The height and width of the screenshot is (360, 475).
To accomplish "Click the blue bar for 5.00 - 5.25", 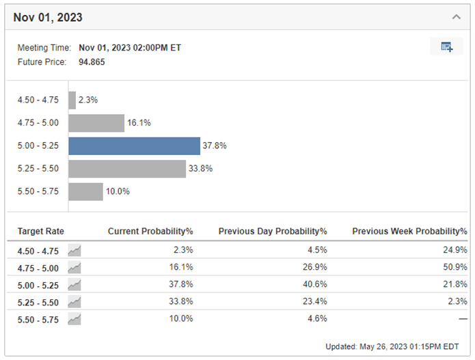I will click(134, 146).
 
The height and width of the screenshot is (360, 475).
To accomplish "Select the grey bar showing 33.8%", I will click(127, 169).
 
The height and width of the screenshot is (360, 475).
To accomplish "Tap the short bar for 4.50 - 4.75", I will click(72, 100).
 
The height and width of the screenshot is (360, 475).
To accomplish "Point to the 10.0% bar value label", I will click(118, 191).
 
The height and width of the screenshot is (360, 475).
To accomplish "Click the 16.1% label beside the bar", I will click(139, 123).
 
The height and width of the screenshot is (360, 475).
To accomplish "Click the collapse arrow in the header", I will click(457, 16).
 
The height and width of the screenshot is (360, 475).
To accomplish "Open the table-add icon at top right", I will click(447, 47).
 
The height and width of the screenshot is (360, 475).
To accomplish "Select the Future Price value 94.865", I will click(92, 62).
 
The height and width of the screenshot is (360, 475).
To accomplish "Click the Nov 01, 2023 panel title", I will click(48, 17).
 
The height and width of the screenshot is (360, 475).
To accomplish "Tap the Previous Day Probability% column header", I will click(273, 232).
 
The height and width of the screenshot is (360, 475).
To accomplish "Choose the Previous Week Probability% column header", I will click(409, 232).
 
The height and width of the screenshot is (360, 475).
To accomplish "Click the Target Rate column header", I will click(40, 232).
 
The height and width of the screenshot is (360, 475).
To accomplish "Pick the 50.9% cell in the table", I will click(456, 268).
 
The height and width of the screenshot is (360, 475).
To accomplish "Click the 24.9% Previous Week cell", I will click(456, 251).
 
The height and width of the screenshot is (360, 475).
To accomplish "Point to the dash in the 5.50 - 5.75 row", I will click(463, 319).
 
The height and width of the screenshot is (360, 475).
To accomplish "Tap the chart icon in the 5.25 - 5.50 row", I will click(74, 302).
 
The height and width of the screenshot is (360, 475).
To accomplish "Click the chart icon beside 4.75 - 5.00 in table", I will click(74, 268).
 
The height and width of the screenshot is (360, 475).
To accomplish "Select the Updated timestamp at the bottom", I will click(397, 346).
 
